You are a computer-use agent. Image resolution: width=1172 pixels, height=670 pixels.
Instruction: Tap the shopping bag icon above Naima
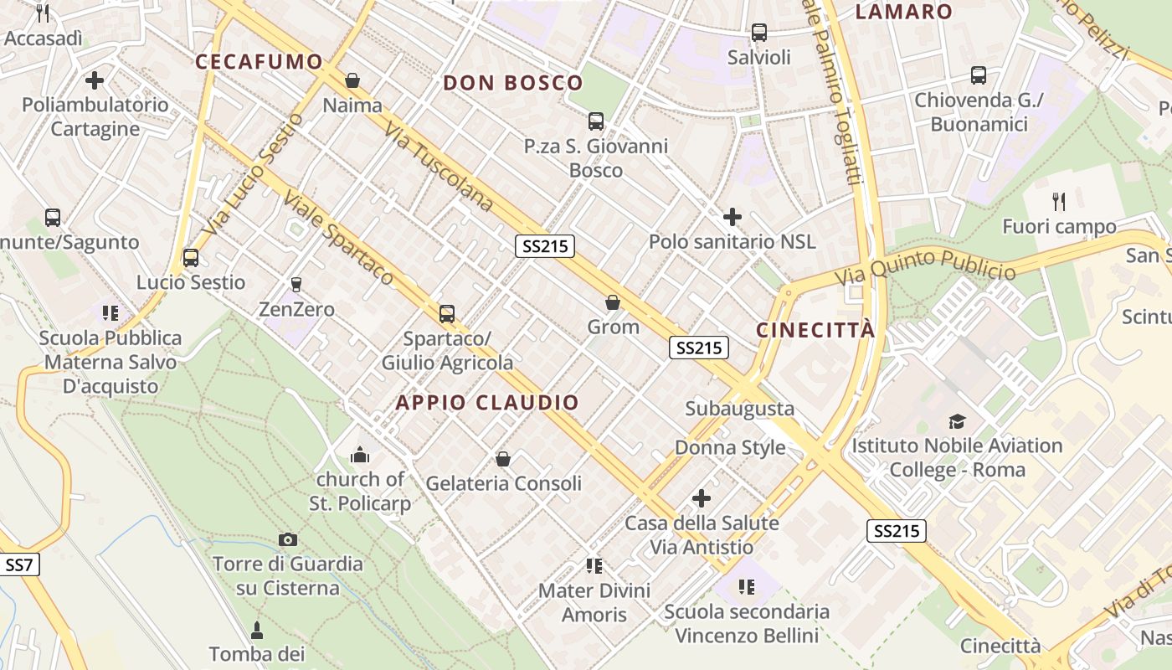[352, 80]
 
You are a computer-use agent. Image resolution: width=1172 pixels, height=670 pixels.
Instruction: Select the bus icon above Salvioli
[758, 33]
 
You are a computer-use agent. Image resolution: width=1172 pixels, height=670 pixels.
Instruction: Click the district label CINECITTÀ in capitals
[815, 330]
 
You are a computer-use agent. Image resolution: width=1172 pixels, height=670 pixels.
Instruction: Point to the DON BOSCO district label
[512, 83]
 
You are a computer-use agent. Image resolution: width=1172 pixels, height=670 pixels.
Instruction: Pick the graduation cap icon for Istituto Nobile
[956, 421]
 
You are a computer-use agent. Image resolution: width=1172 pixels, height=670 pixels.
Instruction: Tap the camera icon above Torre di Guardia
[288, 539]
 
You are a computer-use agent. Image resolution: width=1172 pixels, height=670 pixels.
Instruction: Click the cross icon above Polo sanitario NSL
[732, 218]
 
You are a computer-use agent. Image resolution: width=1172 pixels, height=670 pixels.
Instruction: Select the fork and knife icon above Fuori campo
[1059, 201]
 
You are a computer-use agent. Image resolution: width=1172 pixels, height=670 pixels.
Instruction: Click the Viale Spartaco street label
[338, 238]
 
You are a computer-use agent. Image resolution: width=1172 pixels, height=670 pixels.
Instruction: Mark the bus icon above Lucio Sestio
[191, 257]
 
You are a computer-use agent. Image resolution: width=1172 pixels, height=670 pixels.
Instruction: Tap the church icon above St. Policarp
[360, 455]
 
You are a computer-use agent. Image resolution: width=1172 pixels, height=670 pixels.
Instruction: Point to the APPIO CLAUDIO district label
[487, 403]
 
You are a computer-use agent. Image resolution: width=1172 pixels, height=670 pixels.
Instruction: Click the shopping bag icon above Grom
[613, 302]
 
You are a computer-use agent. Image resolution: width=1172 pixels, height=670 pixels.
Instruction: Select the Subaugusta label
[739, 409]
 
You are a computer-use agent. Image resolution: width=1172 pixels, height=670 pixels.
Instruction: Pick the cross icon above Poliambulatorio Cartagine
[95, 80]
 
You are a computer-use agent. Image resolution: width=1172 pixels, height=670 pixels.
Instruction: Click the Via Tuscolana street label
[439, 167]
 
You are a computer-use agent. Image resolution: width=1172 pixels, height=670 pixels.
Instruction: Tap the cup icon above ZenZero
[296, 285]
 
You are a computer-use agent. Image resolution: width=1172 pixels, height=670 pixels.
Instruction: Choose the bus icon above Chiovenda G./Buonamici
[978, 75]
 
